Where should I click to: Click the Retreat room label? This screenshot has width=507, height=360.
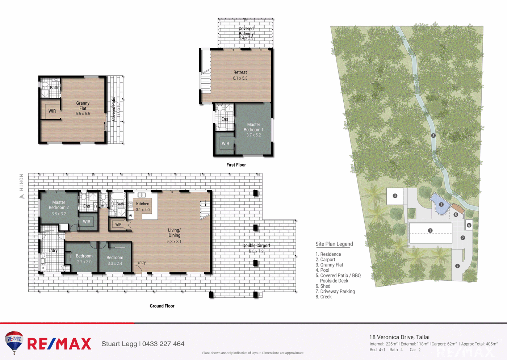[x=240, y=72]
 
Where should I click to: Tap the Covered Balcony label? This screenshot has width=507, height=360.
[x=246, y=31]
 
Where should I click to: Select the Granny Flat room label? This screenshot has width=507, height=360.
[x=83, y=106]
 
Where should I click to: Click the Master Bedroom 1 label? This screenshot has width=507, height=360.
[x=253, y=127]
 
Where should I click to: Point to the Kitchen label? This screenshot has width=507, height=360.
[x=143, y=204]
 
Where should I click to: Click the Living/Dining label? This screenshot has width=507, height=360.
[x=174, y=233]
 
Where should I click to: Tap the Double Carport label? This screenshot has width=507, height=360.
[x=256, y=246]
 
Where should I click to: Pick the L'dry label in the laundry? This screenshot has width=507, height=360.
[x=53, y=250]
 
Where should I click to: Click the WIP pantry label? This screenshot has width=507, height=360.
[x=118, y=225]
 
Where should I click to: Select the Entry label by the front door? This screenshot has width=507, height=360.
[x=142, y=263]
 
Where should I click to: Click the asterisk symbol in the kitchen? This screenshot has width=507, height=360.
[x=131, y=215]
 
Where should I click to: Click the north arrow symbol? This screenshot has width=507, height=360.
[x=22, y=197]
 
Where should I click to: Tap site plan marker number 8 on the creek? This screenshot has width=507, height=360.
[x=433, y=135]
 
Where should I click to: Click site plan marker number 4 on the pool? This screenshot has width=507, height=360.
[x=441, y=205]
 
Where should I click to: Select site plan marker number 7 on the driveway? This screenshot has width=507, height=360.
[x=457, y=266]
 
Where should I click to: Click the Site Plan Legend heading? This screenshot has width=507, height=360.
[x=334, y=244]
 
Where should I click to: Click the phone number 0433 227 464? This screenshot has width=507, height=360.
[x=163, y=344]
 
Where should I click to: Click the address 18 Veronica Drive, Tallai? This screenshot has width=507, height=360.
[x=399, y=337]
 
